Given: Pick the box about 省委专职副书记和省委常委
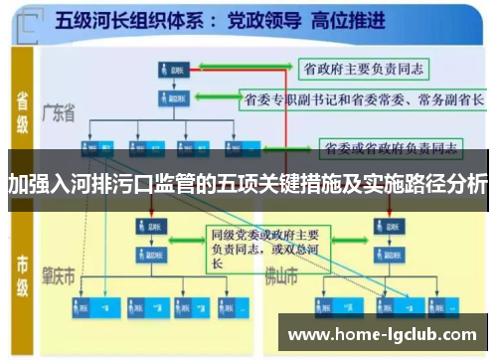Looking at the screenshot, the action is point(363,99).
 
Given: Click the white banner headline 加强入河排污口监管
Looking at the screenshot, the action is point(248,185).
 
